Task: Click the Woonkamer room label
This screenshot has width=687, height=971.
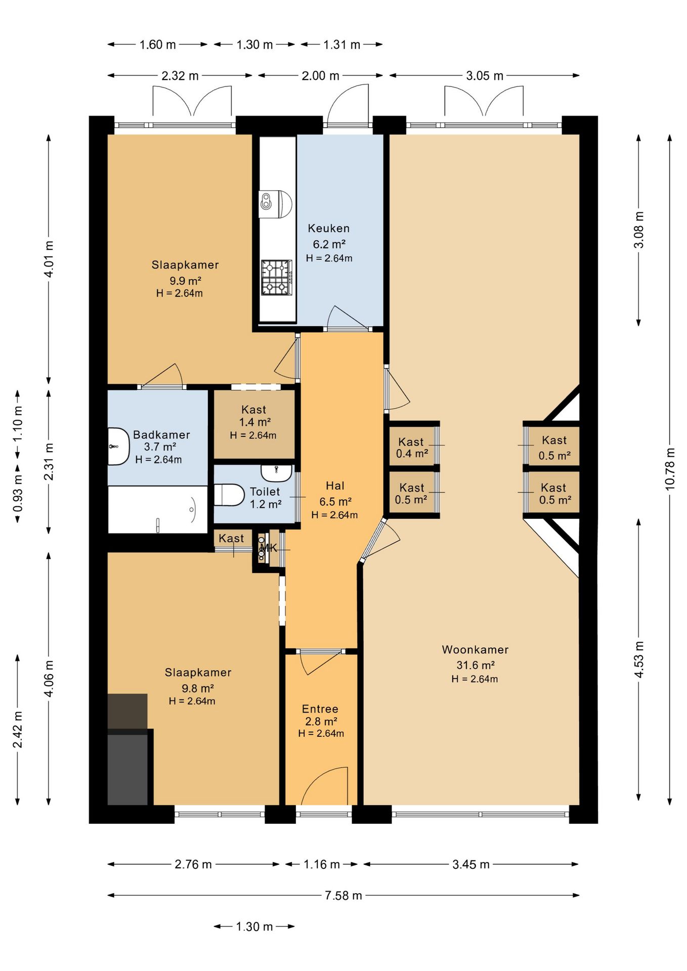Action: coord(475,649)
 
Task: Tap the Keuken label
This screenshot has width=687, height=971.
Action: coord(329,229)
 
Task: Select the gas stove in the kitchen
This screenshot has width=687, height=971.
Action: coord(277,277)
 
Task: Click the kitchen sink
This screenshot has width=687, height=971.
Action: coord(276,204)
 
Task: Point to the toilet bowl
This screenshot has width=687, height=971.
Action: coord(229,495)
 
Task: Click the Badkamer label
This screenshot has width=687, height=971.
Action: coord(161,435)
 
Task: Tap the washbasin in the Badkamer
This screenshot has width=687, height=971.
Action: coord(118,447)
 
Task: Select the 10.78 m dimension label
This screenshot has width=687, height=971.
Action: coord(670,468)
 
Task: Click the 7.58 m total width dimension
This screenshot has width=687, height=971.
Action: coord(343,896)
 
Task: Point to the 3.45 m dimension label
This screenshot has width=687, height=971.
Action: coord(471,864)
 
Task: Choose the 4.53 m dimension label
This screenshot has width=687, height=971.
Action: coord(639,659)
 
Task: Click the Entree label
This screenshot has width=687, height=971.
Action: coord(320,709)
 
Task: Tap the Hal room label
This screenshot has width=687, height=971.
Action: coord(335,486)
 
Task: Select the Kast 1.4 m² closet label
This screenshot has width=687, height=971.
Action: coord(254,416)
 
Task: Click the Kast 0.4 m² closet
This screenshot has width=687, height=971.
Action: coord(411,448)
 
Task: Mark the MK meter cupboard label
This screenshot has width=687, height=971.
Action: coord(269,548)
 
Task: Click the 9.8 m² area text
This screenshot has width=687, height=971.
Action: coord(198,688)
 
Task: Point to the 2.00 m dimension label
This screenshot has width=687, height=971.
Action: coord(320,76)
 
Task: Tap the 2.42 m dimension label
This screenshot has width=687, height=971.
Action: coord(18,729)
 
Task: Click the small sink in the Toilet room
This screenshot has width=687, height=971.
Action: coord(276,473)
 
